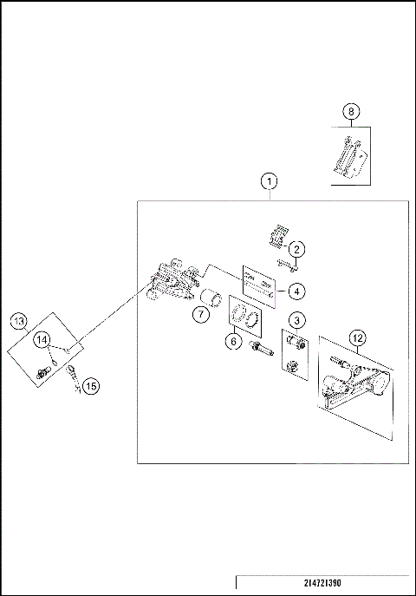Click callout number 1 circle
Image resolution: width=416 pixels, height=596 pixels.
coord(270,181)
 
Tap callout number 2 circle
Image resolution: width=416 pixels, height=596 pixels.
coord(296,249)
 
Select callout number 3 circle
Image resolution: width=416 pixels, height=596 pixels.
coord(296,320)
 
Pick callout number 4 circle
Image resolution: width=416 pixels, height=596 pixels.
coord(296,291)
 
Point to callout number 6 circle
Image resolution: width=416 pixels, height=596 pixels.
coord(233,341)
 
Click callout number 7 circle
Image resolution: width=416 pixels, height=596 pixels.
coord(201,314)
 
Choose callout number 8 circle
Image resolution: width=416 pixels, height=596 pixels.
coord(351,112)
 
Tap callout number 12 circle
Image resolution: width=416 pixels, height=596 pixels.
coord(358,338)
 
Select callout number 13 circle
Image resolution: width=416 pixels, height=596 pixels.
coord(18,322)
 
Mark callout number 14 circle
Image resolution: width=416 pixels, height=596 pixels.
coord(42,339)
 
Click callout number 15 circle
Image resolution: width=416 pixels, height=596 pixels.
coord(91,387)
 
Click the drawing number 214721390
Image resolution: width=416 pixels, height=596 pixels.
coord(322,583)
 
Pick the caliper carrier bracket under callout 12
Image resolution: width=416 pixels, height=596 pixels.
coord(354,384)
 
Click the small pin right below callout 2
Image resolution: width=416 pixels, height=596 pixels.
coord(288,265)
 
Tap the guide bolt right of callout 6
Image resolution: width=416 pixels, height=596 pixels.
coord(262,349)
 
